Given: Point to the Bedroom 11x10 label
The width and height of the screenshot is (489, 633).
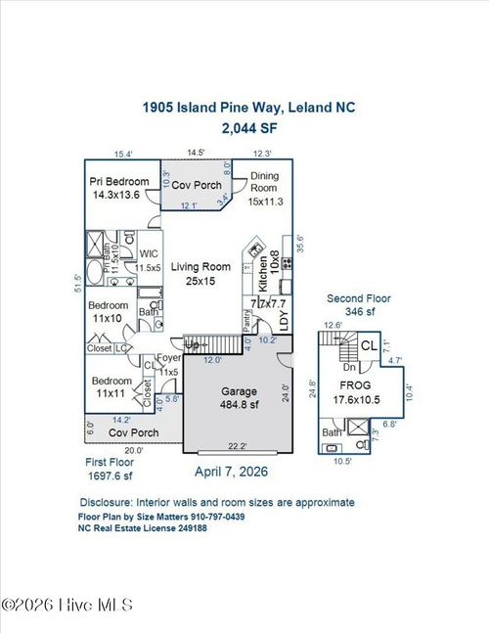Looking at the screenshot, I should point(109,311).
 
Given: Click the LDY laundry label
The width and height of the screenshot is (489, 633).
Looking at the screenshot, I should point(284,319).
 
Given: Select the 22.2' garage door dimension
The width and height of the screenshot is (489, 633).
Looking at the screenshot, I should point(239,446).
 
